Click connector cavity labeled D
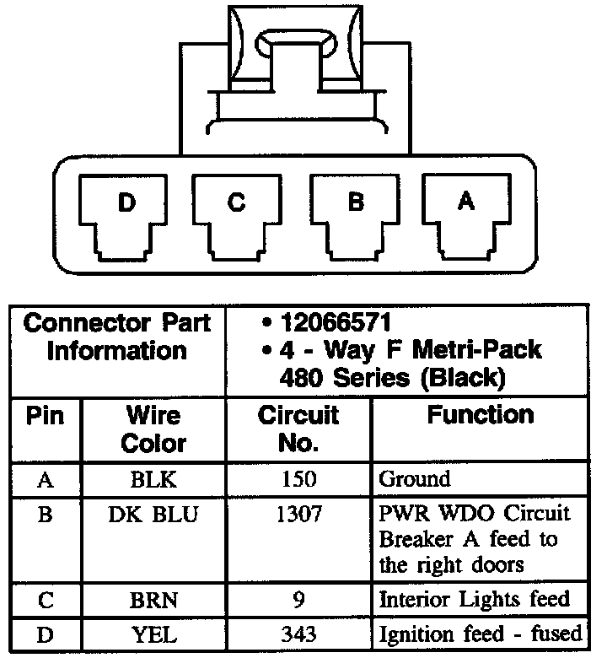click(125, 215)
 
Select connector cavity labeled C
click(237, 215)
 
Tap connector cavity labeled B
click(355, 215)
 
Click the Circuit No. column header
click(298, 429)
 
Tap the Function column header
click(480, 415)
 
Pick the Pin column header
click(46, 416)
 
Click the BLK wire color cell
click(153, 480)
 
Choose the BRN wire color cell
click(153, 601)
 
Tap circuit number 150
click(298, 480)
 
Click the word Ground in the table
click(415, 480)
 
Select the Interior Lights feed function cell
click(475, 601)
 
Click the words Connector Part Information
click(116, 336)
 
